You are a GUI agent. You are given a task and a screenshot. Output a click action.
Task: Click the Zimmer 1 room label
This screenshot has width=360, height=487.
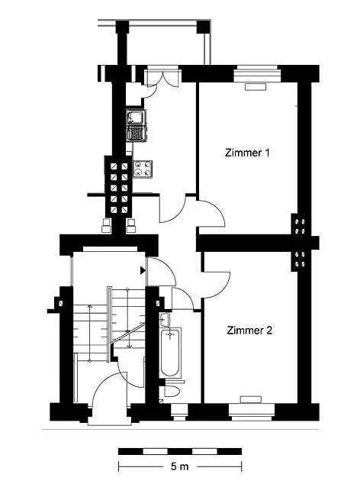pos(247,153)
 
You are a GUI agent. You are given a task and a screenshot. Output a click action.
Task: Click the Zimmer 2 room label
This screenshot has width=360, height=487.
pos(249,331)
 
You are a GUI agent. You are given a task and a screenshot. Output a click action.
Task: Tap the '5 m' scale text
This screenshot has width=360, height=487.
pos(180,466)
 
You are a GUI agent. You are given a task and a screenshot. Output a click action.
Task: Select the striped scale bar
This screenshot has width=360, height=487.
pos(180,451)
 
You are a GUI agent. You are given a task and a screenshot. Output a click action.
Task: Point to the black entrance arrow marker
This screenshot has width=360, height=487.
pos(143,270)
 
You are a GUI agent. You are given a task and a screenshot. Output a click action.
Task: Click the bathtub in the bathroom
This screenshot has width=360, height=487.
pos(170,353)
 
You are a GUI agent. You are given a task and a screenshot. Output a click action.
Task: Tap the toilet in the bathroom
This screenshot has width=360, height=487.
pos(172,389)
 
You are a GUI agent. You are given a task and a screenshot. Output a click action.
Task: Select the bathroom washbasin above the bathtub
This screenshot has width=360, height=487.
pos(165,320)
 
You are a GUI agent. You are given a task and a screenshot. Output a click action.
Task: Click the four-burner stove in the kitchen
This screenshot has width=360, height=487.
pos(143,169)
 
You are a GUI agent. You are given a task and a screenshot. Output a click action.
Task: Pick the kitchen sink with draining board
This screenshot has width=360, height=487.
pos(136,125)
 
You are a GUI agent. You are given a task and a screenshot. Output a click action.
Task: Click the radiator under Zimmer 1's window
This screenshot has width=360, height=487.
pos(256,87)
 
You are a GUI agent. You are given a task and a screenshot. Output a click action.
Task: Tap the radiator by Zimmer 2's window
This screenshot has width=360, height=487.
pos(250,399)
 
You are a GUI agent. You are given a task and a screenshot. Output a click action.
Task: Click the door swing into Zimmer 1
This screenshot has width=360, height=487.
pos(212,214)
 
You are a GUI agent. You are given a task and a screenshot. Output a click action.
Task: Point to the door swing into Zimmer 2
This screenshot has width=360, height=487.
pos(217,285)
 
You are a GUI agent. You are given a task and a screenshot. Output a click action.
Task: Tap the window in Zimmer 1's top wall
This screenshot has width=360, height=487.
pos(257,73)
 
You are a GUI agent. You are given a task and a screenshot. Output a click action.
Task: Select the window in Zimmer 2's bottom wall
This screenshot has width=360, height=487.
pos(252,412)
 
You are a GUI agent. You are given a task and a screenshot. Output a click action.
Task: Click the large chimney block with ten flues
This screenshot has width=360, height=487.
pos(119,187)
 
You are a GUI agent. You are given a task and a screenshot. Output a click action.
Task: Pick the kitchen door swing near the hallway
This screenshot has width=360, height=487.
pos(172,208)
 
